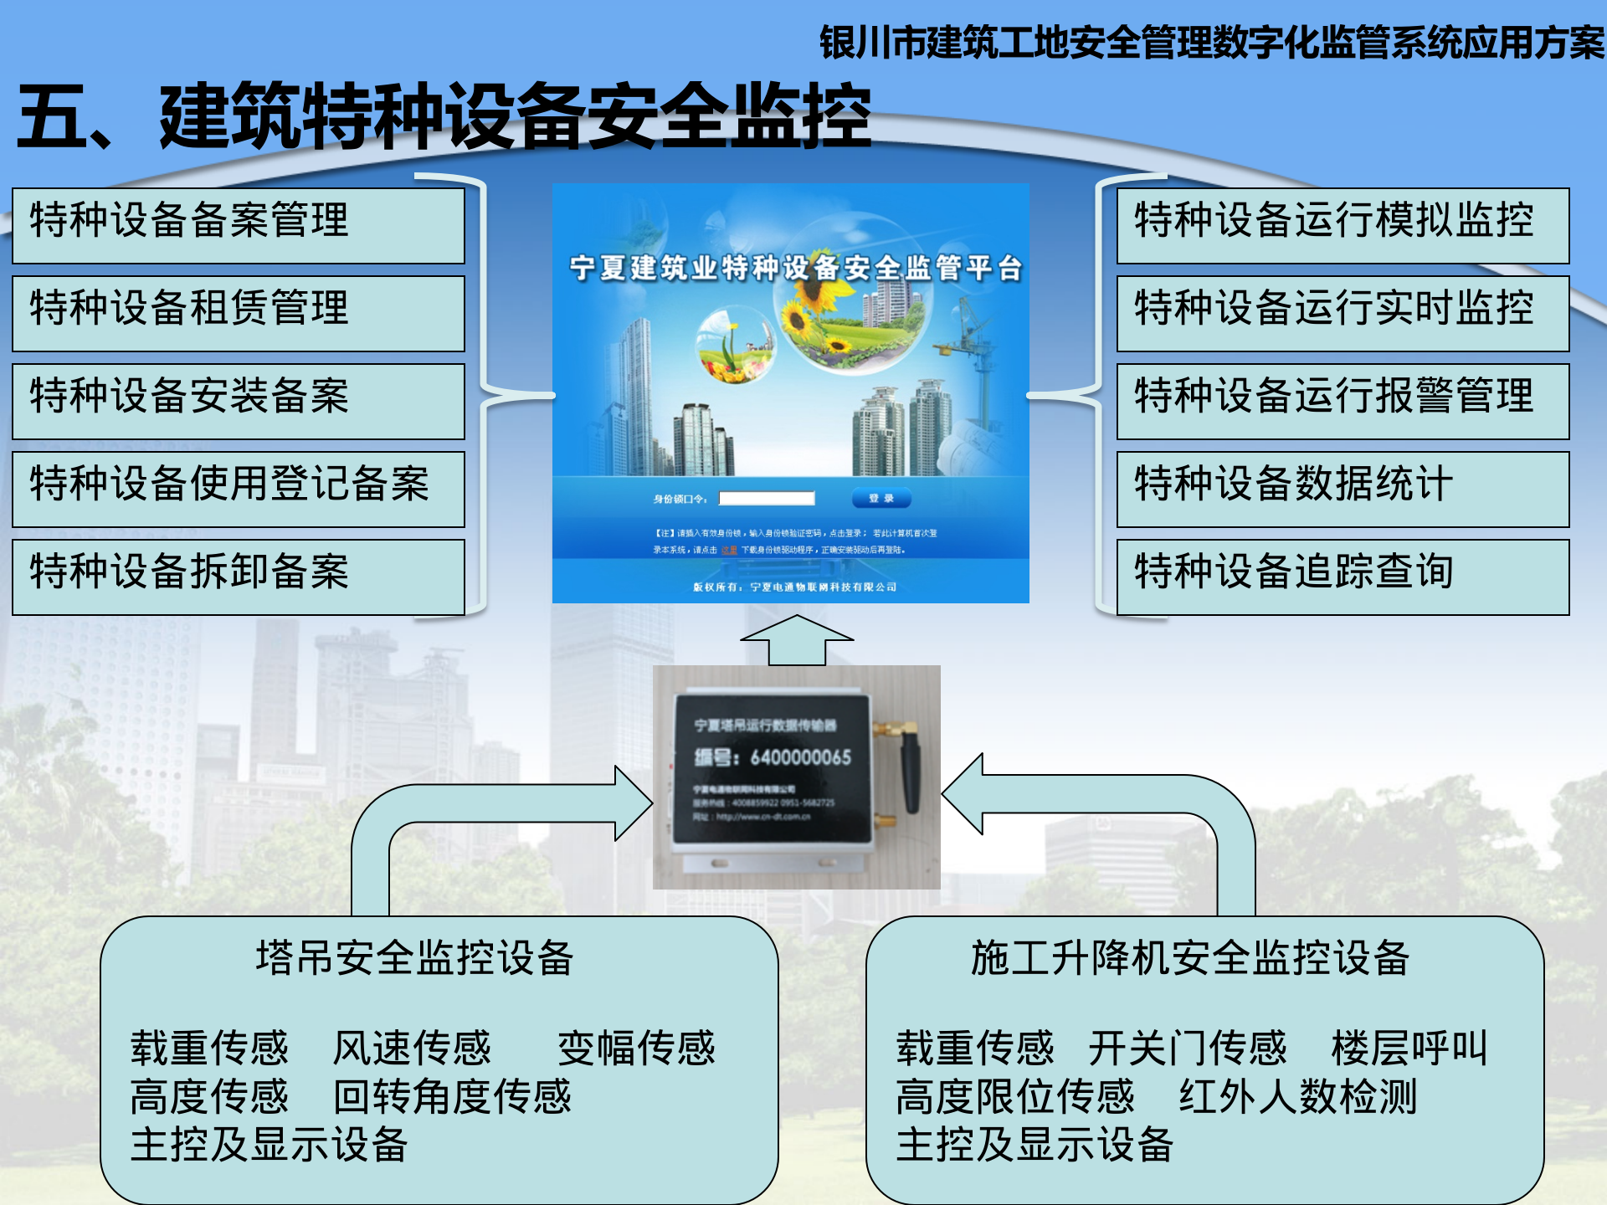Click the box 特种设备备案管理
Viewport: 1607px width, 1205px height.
click(239, 224)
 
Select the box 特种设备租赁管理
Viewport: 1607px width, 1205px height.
click(239, 312)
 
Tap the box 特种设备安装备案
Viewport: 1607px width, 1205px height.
click(239, 400)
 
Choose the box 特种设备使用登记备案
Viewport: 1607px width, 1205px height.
click(239, 488)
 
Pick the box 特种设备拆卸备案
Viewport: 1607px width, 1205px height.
click(239, 576)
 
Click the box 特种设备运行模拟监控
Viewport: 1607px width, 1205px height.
click(1343, 224)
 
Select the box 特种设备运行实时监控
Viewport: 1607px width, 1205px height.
click(1343, 312)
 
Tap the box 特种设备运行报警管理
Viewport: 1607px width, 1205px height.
click(1343, 400)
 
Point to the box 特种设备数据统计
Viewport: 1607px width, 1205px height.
click(1343, 488)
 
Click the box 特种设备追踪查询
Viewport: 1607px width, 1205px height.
click(1343, 576)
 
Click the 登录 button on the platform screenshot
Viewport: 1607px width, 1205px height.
click(881, 499)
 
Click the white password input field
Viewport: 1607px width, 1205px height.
click(767, 499)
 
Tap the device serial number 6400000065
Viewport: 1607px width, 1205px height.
click(800, 757)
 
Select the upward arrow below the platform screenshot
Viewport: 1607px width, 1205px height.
click(797, 640)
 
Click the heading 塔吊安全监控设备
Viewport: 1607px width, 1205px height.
click(414, 958)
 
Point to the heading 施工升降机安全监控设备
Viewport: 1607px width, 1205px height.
click(1189, 958)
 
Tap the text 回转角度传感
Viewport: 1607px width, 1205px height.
click(452, 1096)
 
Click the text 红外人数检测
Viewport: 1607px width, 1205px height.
click(1297, 1096)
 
